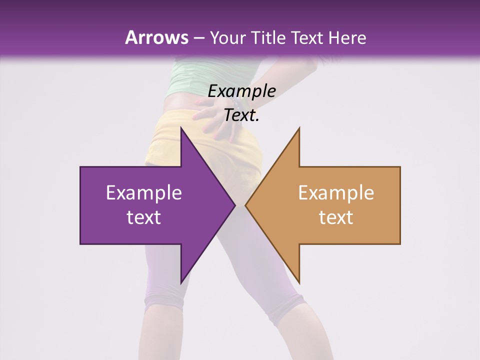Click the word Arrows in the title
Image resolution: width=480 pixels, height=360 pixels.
point(156,37)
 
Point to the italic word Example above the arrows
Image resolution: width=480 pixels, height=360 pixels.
point(241,91)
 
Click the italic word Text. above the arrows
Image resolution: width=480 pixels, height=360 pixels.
point(241,115)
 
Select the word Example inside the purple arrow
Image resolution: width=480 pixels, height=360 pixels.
point(143,192)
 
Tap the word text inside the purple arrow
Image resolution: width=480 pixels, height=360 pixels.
point(143,217)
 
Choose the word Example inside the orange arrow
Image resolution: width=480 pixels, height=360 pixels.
point(336,192)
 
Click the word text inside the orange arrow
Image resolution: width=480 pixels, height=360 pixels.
point(336,217)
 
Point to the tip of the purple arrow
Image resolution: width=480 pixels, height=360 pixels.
point(235,205)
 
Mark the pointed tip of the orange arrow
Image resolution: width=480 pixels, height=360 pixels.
point(245,205)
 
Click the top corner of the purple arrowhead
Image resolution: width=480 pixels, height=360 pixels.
point(181,128)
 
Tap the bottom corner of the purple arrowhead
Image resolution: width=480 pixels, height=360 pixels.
point(181,282)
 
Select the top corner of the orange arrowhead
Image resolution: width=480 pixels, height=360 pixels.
point(299,128)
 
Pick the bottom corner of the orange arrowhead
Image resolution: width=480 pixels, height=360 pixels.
point(299,282)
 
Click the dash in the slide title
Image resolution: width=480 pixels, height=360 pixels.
point(198,38)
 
